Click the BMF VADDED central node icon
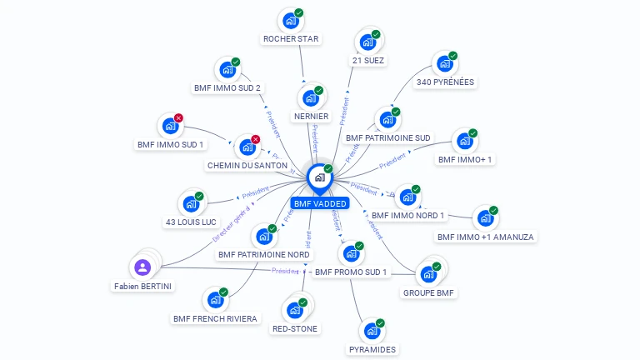tap(319, 177)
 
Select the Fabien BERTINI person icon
tap(142, 267)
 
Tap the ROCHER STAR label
tap(291, 39)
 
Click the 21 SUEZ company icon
tap(367, 42)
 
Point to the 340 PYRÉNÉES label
tap(445, 82)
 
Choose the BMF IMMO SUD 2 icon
tap(226, 70)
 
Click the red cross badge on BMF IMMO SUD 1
tap(178, 118)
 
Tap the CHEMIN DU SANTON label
tap(247, 166)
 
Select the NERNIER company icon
tap(310, 98)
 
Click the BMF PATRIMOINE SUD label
tap(388, 137)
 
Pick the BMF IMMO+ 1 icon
tap(464, 142)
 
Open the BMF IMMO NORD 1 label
tap(408, 216)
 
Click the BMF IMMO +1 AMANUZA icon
tap(485, 219)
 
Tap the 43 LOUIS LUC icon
tap(191, 204)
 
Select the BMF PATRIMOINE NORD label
tap(263, 254)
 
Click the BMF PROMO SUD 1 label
tap(351, 272)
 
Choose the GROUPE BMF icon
tap(429, 274)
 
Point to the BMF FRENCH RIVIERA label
tap(216, 318)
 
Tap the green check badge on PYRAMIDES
tap(381, 322)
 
